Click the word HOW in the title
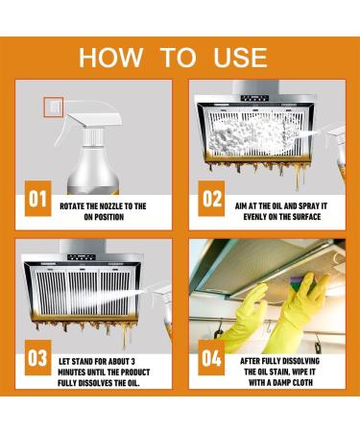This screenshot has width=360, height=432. [x=110, y=58]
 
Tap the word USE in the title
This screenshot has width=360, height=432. [x=240, y=58]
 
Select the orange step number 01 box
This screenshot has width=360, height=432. [x=38, y=199]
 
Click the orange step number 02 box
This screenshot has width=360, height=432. [x=211, y=199]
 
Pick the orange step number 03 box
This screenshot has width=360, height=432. [x=38, y=357]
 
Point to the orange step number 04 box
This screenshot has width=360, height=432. [x=211, y=357]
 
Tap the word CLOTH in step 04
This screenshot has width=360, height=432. [x=301, y=382]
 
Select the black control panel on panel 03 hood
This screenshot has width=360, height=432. [x=81, y=257]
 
